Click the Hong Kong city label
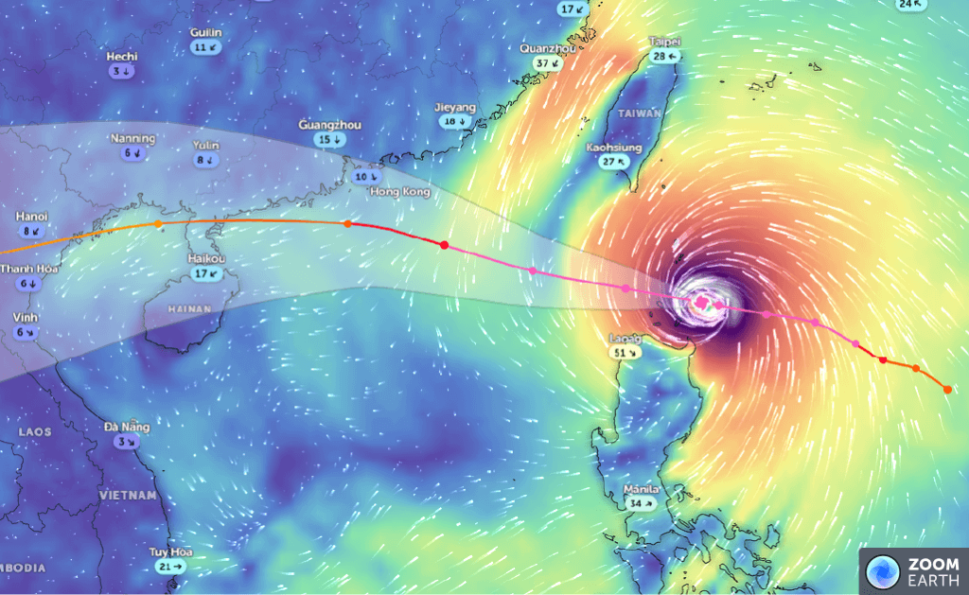pyautogui.click(x=400, y=192)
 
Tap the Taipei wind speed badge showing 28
pyautogui.click(x=666, y=57)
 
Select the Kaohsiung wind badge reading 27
pyautogui.click(x=614, y=162)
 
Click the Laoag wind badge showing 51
pyautogui.click(x=625, y=352)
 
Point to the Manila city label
pyautogui.click(x=643, y=490)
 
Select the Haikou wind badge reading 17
pyautogui.click(x=206, y=273)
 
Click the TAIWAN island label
pyautogui.click(x=636, y=113)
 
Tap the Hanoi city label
pyautogui.click(x=31, y=216)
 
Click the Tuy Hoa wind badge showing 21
pyautogui.click(x=171, y=566)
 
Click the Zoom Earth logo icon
pyautogui.click(x=882, y=571)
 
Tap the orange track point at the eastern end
pyautogui.click(x=947, y=389)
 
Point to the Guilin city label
pyautogui.click(x=205, y=32)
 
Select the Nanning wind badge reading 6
pyautogui.click(x=132, y=152)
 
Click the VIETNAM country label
pyautogui.click(x=127, y=495)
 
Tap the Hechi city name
pyautogui.click(x=122, y=57)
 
